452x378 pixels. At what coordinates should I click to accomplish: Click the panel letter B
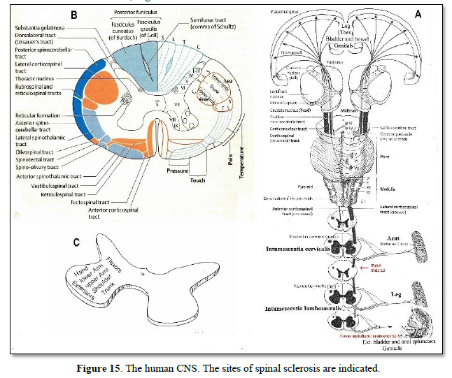click(74, 14)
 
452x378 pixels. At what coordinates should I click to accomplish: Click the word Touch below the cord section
click(198, 180)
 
